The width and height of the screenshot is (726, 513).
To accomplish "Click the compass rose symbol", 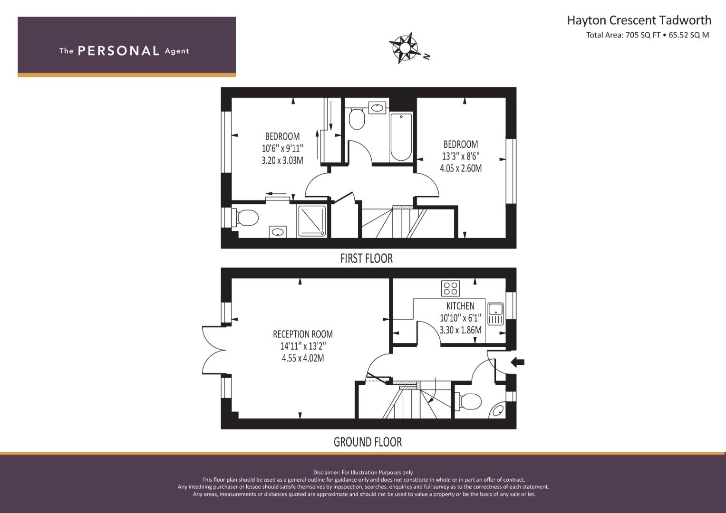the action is (x=405, y=47).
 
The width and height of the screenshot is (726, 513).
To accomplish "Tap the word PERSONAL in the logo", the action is (x=119, y=51).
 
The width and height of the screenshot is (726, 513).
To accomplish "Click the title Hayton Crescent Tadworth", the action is (x=639, y=20).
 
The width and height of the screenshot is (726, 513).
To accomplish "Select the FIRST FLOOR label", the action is (x=367, y=258).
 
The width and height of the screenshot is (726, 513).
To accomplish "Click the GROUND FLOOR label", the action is (x=368, y=442).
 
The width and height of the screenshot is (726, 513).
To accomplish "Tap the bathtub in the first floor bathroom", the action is (x=401, y=137).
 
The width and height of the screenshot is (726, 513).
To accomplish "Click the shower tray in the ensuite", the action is (x=312, y=221).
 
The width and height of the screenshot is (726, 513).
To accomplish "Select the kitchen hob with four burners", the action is (x=451, y=289).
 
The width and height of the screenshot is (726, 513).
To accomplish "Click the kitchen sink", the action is (x=495, y=314).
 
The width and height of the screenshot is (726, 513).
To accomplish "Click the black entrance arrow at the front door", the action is (x=518, y=362).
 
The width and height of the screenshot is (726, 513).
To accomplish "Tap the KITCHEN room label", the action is (x=460, y=306).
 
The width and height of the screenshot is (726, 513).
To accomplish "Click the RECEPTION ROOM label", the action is (x=303, y=334).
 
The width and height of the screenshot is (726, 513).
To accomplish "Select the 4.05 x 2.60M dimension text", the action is (x=461, y=169).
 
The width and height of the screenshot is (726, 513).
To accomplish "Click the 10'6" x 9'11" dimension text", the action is (x=282, y=148).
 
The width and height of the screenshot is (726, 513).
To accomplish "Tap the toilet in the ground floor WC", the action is (x=468, y=401).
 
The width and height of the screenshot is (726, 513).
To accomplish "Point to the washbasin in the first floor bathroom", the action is (x=377, y=107).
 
